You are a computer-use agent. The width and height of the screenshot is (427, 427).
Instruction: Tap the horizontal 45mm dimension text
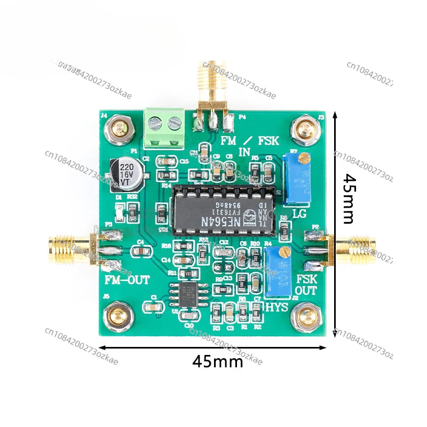pyautogui.click(x=218, y=361)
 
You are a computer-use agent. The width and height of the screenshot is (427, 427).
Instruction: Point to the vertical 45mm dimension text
pyautogui.click(x=350, y=199)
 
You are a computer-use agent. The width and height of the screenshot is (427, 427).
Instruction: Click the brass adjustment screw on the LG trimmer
pyautogui.click(x=303, y=158)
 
